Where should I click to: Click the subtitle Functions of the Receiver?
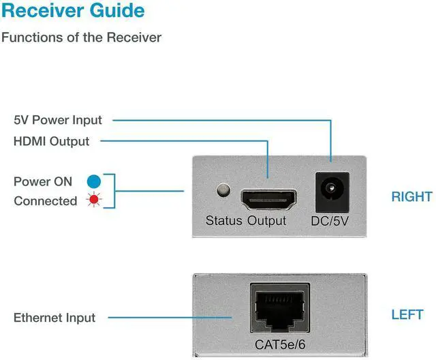pyautogui.click(x=81, y=37)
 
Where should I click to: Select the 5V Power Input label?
pyautogui.click(x=58, y=120)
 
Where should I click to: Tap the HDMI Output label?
pyautogui.click(x=51, y=142)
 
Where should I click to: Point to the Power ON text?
pyautogui.click(x=42, y=181)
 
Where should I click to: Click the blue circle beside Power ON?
pyautogui.click(x=93, y=181)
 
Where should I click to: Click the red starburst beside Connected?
pyautogui.click(x=93, y=201)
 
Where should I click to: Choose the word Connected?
pyautogui.click(x=45, y=201)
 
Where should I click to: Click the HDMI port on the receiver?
pyautogui.click(x=268, y=199)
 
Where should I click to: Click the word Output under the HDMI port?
pyautogui.click(x=267, y=221)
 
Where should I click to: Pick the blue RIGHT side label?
pyautogui.click(x=411, y=197)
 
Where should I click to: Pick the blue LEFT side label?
pyautogui.click(x=407, y=315)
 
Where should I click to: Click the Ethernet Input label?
pyautogui.click(x=54, y=318)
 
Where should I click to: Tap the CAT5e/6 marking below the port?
pyautogui.click(x=279, y=344)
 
